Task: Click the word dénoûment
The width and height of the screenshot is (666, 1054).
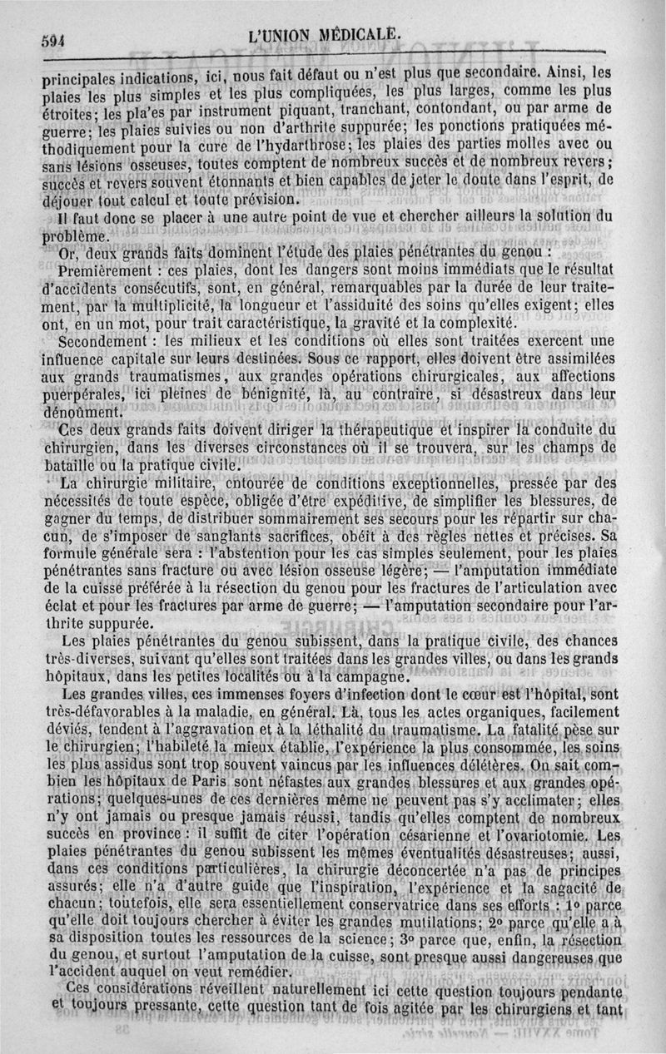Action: point(82,412)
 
